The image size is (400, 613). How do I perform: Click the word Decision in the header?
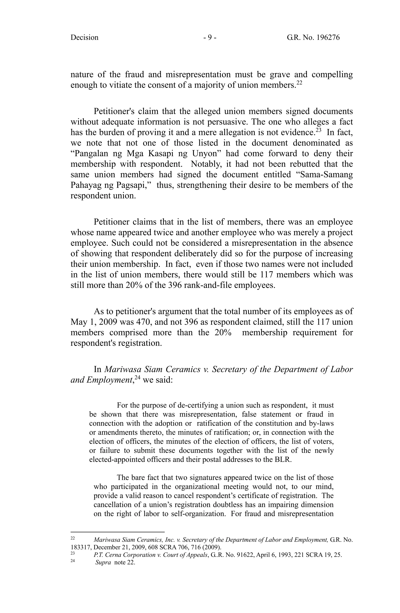[84, 38]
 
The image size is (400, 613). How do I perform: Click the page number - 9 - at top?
[210, 38]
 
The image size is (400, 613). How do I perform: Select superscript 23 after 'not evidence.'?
[318, 130]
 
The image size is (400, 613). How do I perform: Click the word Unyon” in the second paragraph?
[207, 153]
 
